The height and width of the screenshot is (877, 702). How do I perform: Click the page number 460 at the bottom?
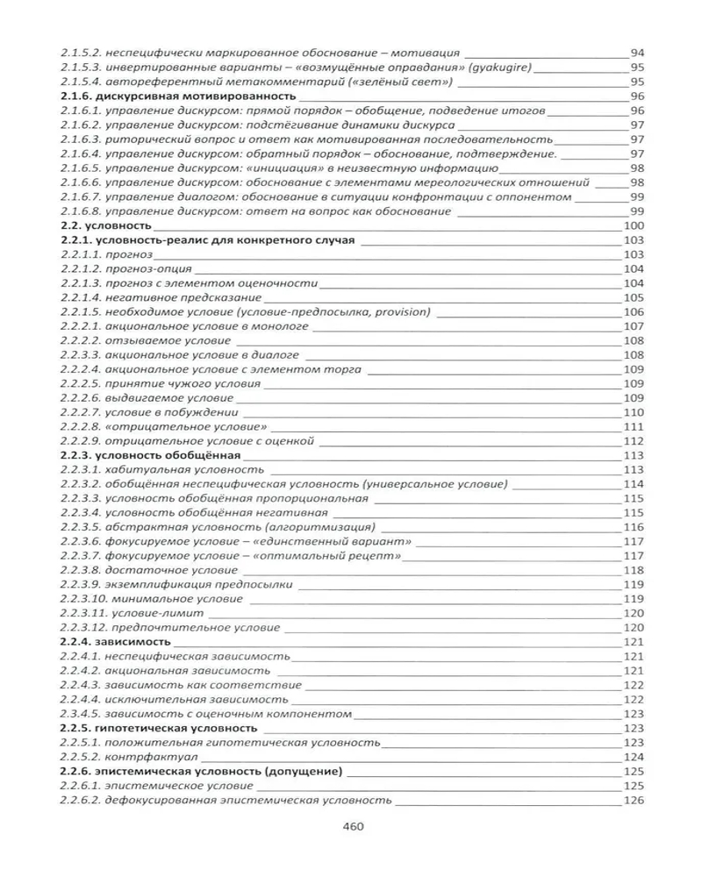(x=351, y=825)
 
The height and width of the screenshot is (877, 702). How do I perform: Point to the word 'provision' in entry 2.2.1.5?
(x=397, y=311)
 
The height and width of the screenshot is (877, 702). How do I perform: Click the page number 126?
(x=634, y=800)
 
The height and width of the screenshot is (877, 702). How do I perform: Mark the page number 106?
(x=634, y=311)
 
